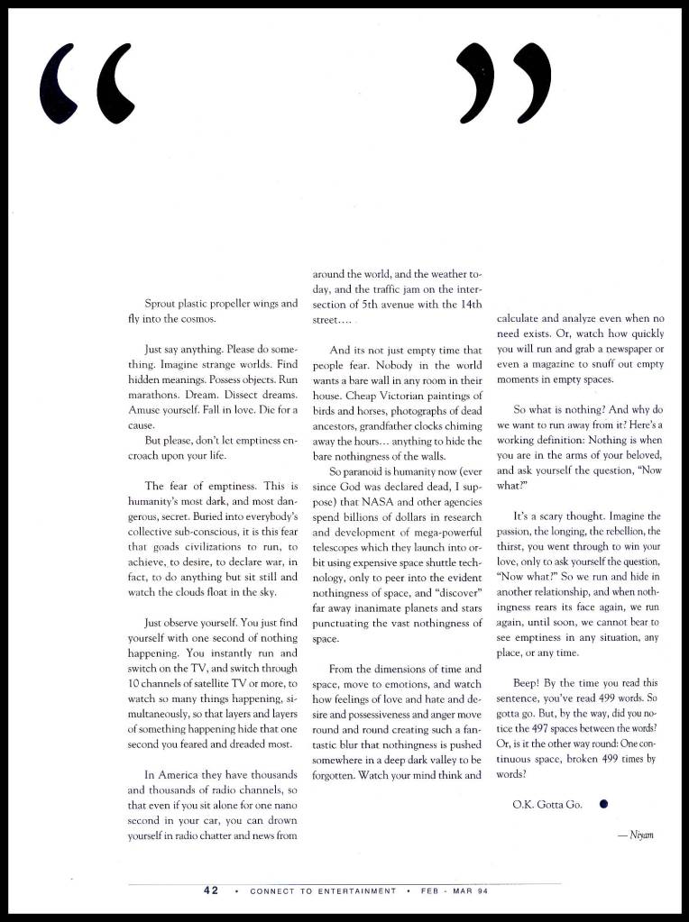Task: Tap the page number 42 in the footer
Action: [x=211, y=890]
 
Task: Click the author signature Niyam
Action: [x=635, y=835]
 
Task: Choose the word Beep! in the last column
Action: [x=528, y=682]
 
